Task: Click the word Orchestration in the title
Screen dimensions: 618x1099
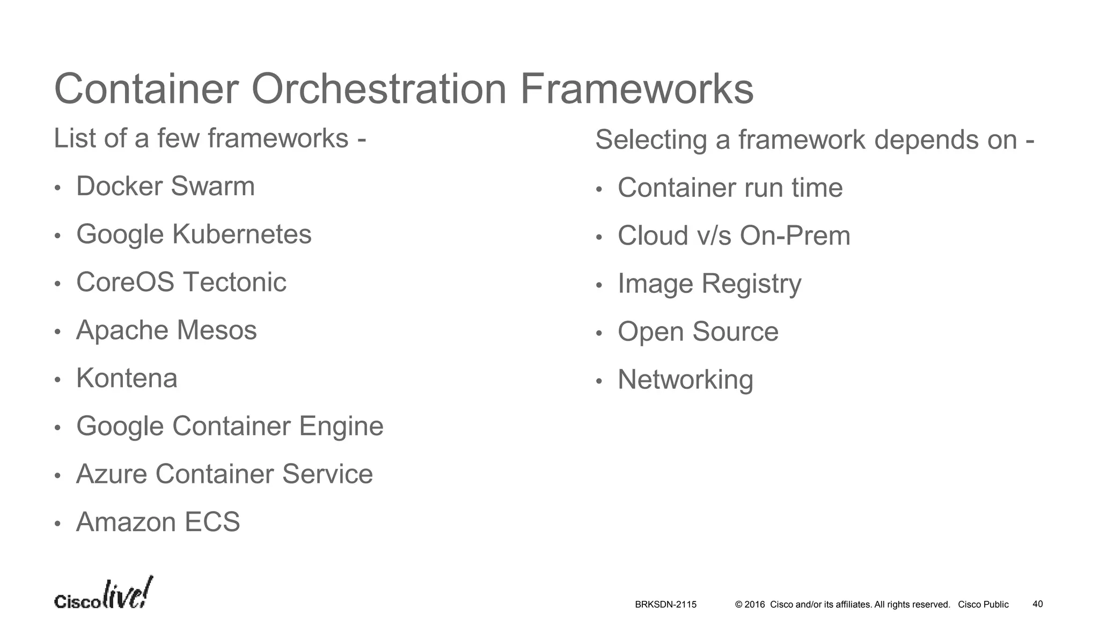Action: [379, 89]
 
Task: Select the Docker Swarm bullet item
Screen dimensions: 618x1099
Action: [165, 187]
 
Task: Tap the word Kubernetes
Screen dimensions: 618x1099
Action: [241, 234]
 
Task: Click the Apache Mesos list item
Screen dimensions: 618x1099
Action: [166, 330]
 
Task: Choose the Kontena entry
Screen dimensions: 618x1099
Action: [127, 378]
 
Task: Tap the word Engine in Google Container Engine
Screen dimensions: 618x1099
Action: [341, 426]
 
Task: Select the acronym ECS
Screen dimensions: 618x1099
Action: [212, 522]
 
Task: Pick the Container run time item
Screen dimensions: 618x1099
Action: [730, 188]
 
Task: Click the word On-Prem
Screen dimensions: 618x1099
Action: [795, 236]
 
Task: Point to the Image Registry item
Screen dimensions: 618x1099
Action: [709, 284]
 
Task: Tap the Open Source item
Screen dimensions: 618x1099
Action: [698, 332]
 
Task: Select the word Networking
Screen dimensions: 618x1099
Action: [685, 380]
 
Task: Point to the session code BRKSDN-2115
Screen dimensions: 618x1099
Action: [665, 605]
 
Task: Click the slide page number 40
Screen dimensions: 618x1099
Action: [1037, 604]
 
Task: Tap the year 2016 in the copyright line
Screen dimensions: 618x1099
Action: [754, 605]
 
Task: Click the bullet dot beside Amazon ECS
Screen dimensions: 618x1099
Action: [57, 524]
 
